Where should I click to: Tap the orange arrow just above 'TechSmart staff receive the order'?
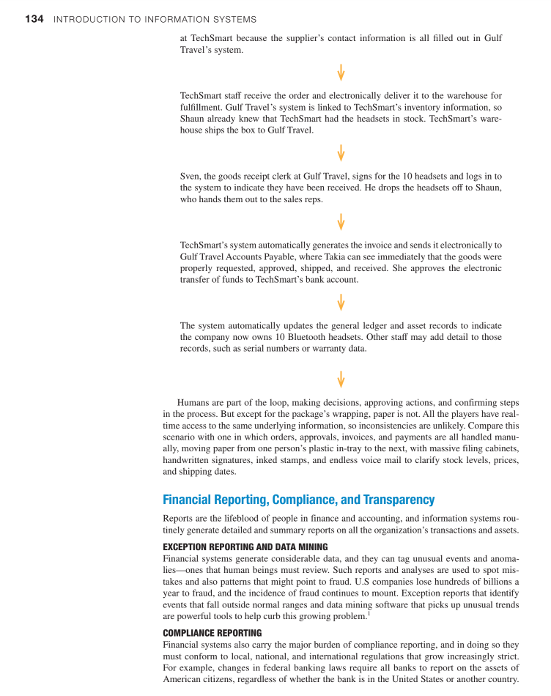[341, 73]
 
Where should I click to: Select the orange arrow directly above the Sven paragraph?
[341, 153]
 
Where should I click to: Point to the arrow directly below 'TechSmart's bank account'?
[341, 302]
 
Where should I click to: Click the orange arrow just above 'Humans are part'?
[341, 378]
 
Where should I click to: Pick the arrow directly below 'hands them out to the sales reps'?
[341, 221]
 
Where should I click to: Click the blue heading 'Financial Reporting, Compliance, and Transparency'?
[298, 500]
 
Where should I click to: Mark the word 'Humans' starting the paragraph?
[193, 402]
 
